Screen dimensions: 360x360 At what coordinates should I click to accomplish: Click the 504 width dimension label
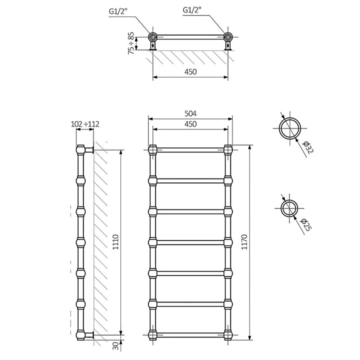(190, 113)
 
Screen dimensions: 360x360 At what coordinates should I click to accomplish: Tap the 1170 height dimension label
(244, 242)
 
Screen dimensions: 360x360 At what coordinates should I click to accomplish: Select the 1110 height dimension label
(116, 242)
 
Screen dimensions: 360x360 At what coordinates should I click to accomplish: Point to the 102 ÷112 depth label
(85, 124)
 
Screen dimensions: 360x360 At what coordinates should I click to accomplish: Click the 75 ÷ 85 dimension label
(131, 43)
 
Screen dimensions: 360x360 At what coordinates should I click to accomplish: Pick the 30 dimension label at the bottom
(116, 346)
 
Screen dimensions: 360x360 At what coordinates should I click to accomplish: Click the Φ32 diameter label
(308, 147)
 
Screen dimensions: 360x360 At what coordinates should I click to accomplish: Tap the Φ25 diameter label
(306, 225)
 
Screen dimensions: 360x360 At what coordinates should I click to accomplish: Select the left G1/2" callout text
(118, 11)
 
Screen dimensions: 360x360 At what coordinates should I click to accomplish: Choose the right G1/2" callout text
(192, 10)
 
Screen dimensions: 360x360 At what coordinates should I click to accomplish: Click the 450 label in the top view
(190, 72)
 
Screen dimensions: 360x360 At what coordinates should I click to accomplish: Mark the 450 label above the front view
(190, 124)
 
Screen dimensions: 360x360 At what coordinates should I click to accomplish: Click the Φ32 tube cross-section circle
(290, 128)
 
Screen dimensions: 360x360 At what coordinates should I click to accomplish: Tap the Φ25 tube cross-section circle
(289, 208)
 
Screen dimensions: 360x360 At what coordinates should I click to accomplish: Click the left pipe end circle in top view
(152, 37)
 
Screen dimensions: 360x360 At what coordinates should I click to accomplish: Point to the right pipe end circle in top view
(228, 37)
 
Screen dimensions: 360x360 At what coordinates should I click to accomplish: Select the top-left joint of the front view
(152, 150)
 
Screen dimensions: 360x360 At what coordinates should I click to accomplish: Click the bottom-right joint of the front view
(228, 335)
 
